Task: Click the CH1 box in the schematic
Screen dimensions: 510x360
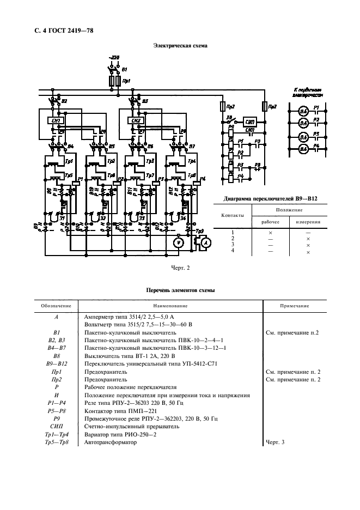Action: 56,120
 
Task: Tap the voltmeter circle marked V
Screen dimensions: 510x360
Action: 177,243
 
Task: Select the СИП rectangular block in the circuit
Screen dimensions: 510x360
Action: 250,122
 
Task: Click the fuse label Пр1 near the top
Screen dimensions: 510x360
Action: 126,81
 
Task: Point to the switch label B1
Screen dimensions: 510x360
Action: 125,70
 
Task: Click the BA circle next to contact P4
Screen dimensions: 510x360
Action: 303,148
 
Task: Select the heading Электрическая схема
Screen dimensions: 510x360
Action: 180,46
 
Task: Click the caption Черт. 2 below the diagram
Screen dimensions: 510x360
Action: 180,268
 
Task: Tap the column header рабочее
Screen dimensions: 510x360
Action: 270,222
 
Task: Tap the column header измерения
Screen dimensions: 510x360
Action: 308,222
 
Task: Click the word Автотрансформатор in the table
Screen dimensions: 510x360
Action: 111,442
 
